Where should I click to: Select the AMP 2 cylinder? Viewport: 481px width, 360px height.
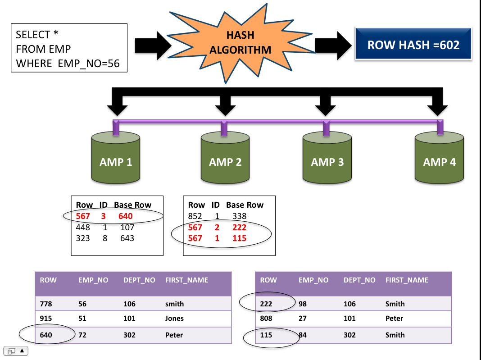pos(225,158)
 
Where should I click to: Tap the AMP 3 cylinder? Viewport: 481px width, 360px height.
pos(327,158)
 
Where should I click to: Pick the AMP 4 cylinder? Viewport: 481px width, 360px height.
pos(439,158)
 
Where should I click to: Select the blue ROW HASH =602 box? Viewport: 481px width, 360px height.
pos(413,45)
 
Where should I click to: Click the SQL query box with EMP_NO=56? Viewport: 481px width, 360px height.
pos(69,49)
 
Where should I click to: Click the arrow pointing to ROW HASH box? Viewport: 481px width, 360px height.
pos(333,45)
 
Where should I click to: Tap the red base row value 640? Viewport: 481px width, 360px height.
pos(125,216)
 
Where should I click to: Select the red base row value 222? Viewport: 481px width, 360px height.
pos(239,228)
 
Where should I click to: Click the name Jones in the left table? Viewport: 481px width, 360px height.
pos(174,319)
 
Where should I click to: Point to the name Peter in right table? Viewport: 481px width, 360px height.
pos(394,319)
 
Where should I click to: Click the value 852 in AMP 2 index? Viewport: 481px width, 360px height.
pos(196,216)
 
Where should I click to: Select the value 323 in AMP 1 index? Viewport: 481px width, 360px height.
pos(83,238)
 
